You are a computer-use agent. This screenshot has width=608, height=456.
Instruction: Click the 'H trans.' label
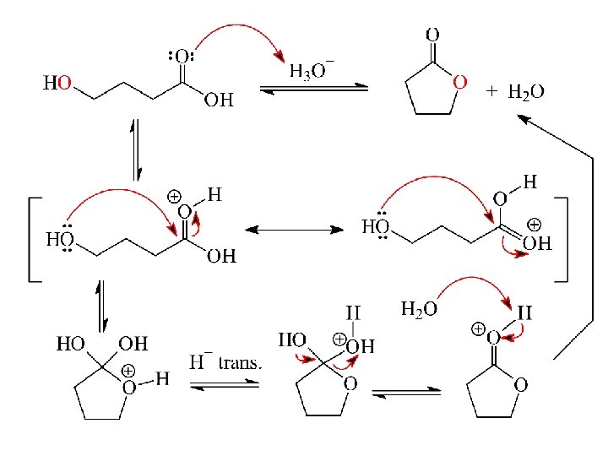[225, 363]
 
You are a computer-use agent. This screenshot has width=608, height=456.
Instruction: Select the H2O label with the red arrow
[419, 309]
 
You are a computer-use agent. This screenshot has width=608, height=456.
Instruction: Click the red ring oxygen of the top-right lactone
[460, 82]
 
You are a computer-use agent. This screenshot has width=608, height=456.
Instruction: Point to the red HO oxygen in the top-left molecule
[65, 83]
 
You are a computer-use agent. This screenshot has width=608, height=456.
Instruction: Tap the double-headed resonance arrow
[294, 229]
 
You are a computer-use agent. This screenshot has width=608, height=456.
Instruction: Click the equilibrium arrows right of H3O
[313, 89]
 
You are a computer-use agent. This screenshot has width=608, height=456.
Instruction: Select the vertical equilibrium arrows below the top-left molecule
[133, 149]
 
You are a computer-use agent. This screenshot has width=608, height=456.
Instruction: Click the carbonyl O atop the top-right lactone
[432, 35]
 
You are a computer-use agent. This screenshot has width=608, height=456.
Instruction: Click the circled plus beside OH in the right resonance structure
[534, 225]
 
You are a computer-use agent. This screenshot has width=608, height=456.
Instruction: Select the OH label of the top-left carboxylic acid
[218, 101]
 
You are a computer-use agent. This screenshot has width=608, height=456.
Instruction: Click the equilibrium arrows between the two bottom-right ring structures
[406, 392]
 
